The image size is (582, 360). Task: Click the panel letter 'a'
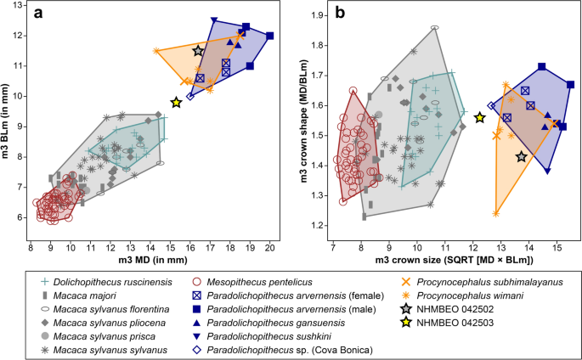39,14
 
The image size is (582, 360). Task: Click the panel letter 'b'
340,14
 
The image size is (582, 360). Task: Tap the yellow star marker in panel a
176,102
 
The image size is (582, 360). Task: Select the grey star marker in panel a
199,51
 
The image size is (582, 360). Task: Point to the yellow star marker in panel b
480,117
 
